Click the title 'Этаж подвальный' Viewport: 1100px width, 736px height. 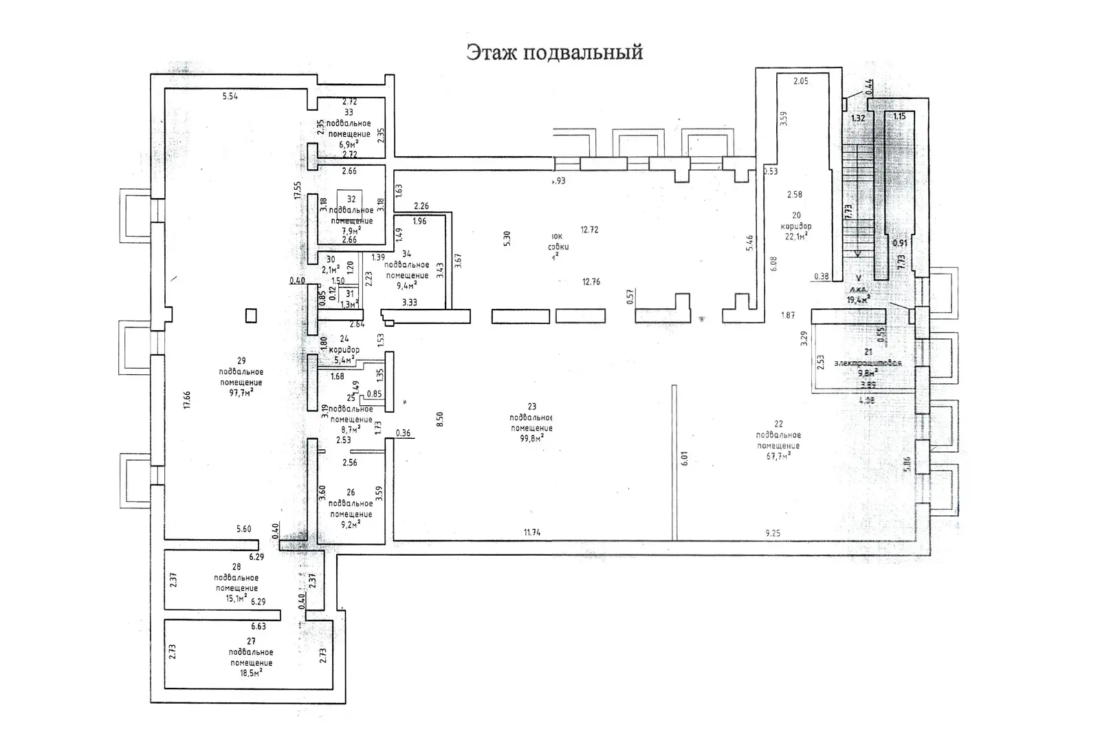point(554,53)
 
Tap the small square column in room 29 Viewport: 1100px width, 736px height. point(252,316)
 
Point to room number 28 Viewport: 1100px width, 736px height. point(236,567)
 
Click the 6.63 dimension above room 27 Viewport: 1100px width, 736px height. point(258,627)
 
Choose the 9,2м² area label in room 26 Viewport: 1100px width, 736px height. point(351,524)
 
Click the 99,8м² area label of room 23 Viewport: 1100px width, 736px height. point(531,437)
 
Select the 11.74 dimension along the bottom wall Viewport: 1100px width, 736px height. point(531,532)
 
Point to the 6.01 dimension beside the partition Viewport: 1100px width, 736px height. point(684,459)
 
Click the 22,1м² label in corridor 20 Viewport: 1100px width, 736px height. point(795,236)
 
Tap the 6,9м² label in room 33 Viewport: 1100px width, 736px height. point(349,144)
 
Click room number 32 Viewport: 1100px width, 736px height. point(351,199)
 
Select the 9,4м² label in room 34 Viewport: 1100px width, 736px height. point(407,285)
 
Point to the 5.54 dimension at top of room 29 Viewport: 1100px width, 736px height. point(230,96)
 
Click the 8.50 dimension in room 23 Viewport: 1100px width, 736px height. point(440,419)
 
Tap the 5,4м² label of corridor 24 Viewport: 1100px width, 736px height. point(344,358)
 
